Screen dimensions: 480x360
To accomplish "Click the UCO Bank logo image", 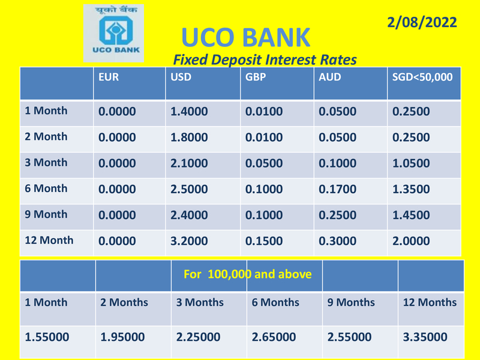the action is (113, 33).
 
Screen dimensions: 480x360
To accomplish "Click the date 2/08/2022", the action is (422, 22).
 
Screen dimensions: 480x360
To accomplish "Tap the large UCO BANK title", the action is (246, 37).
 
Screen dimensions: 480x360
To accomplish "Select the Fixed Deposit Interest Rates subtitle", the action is (265, 59).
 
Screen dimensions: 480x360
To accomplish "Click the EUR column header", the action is (109, 77).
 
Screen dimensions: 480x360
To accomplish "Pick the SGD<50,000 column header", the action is (422, 77).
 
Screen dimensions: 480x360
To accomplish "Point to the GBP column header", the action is (256, 77).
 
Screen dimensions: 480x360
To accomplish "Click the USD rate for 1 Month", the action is (189, 112).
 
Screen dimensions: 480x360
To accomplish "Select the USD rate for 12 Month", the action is (189, 241).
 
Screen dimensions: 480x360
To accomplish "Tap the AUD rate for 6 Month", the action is (337, 189).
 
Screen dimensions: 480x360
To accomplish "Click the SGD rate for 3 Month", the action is (411, 163).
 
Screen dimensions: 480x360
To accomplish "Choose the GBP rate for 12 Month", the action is (264, 241).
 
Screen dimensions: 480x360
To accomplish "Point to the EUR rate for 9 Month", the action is (117, 215).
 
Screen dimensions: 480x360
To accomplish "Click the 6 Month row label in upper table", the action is (46, 188).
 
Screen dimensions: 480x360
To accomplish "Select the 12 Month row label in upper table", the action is (49, 241).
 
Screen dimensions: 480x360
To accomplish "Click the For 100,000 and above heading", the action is (247, 274).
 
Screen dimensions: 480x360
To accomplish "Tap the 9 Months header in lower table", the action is (351, 302).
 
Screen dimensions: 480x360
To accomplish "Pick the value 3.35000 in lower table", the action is (425, 337).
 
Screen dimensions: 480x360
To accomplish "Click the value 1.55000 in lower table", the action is (47, 337).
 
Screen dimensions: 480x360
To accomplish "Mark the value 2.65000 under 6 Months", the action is (274, 337).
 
